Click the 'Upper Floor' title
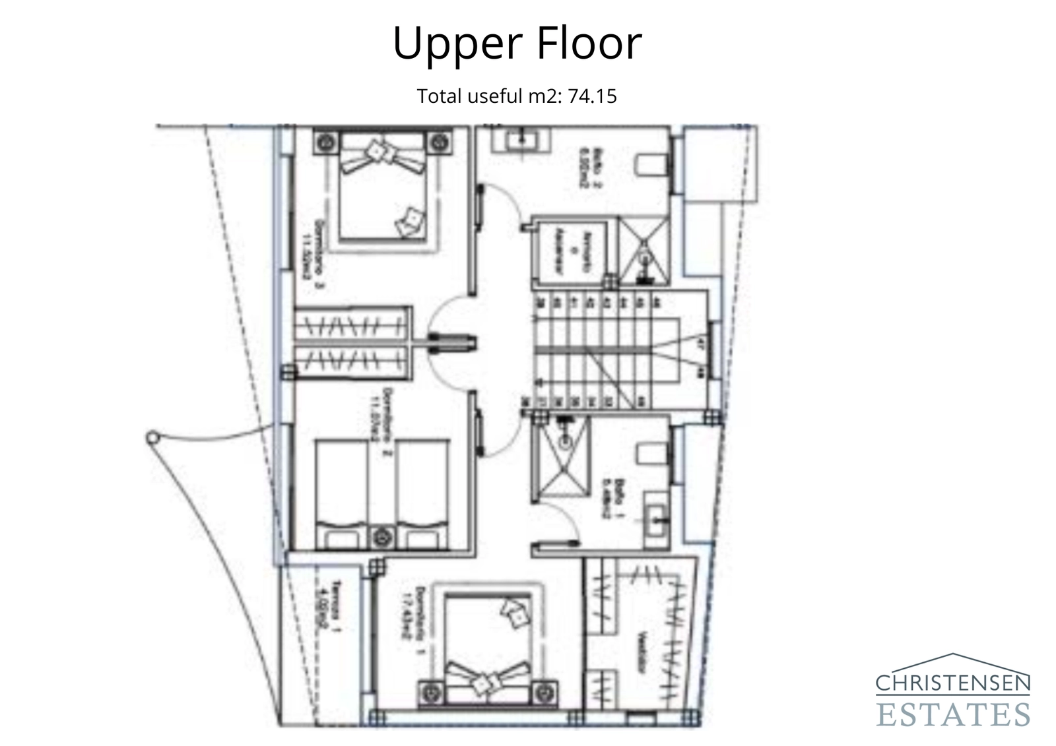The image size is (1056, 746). [517, 43]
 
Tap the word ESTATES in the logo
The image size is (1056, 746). [952, 714]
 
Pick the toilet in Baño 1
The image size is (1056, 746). [651, 454]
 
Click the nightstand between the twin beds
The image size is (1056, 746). [381, 538]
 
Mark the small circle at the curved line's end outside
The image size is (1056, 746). [152, 437]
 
